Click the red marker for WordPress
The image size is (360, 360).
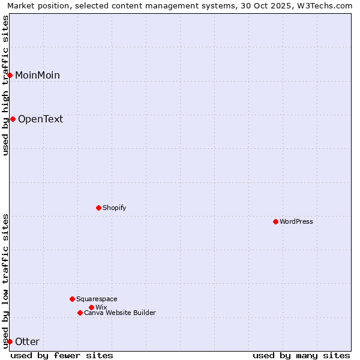tap(275, 221)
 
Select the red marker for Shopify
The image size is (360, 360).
tap(98, 208)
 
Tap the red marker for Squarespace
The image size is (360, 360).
tap(72, 299)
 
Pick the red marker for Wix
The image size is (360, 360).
tap(91, 307)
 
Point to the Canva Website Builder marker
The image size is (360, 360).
tap(80, 313)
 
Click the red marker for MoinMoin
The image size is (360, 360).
tap(10, 75)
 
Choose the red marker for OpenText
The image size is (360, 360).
tap(13, 119)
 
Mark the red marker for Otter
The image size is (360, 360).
tap(10, 341)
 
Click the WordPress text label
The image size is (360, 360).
tap(296, 221)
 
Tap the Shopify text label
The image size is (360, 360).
tap(114, 208)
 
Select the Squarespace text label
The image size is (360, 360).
tap(97, 299)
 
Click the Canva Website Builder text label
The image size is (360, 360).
tap(120, 313)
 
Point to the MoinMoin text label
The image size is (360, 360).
tap(37, 75)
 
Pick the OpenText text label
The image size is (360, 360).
tap(40, 119)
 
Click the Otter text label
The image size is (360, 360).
tap(27, 341)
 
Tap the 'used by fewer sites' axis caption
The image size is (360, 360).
tap(62, 355)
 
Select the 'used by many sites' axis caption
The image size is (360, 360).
tap(301, 355)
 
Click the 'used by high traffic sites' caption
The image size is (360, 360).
tap(5, 85)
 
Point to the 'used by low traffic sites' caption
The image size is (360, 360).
tap(5, 281)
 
